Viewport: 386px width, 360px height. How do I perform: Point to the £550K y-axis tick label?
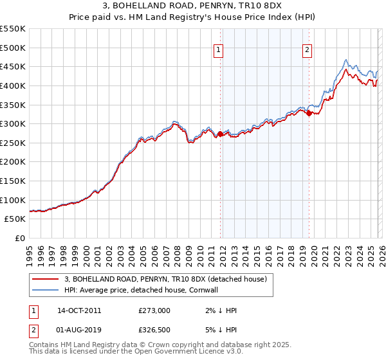(x=13, y=29)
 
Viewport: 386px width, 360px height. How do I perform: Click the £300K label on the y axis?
(x=13, y=123)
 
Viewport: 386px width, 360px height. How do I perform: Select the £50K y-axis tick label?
(x=15, y=219)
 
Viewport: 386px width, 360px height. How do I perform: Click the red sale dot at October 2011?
(x=220, y=134)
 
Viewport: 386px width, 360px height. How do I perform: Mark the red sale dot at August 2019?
(x=309, y=113)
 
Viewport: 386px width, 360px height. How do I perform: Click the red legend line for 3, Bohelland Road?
(x=46, y=279)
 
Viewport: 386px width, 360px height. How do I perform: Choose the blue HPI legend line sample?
(x=46, y=290)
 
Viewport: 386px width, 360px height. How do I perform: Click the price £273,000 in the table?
(x=154, y=310)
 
